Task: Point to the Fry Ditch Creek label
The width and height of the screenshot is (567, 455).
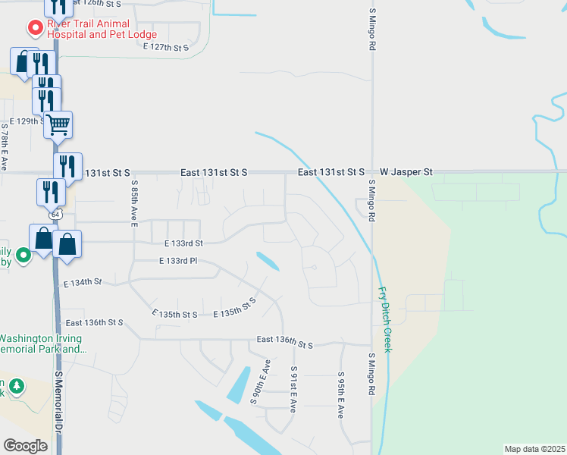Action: tap(384, 318)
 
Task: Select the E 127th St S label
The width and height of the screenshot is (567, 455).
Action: tap(165, 47)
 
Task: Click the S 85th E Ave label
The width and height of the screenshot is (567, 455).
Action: tap(133, 203)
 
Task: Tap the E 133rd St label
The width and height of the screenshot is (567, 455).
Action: tap(183, 243)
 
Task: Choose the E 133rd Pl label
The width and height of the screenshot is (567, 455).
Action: tap(177, 261)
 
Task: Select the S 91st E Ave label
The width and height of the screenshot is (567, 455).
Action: tap(293, 389)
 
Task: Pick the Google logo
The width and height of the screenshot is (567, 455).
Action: tap(25, 445)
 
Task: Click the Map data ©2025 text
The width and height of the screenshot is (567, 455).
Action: tap(534, 449)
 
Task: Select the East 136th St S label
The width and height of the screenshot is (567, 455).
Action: tap(284, 342)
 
